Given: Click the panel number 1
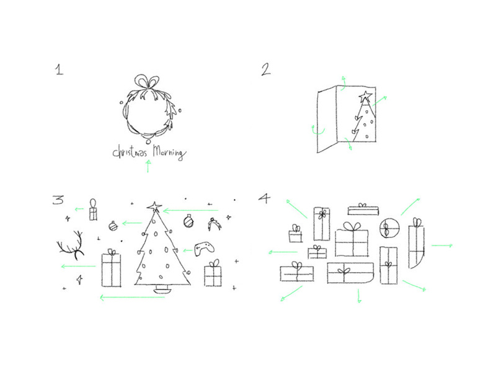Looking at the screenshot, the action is (x=59, y=69).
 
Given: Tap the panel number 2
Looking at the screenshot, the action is (x=266, y=69).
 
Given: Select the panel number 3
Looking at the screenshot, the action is (x=58, y=200).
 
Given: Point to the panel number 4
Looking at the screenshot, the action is (x=265, y=198).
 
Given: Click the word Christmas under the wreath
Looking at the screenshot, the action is (x=130, y=151).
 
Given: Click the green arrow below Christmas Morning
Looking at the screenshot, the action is (x=148, y=166).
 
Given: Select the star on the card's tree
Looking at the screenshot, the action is (x=365, y=96).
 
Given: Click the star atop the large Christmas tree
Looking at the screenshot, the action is (x=154, y=207).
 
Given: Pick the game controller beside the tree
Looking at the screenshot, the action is (x=204, y=249).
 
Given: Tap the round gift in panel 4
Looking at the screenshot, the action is (x=389, y=228).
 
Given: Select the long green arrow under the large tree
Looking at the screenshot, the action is (x=132, y=298).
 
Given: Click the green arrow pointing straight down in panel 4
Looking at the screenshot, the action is (x=359, y=296).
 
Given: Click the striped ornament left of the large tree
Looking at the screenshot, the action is (x=113, y=226).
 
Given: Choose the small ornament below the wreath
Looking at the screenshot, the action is (x=148, y=141).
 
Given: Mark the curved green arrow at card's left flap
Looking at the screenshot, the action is (x=317, y=131).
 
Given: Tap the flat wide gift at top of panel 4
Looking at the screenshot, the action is (x=363, y=210).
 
